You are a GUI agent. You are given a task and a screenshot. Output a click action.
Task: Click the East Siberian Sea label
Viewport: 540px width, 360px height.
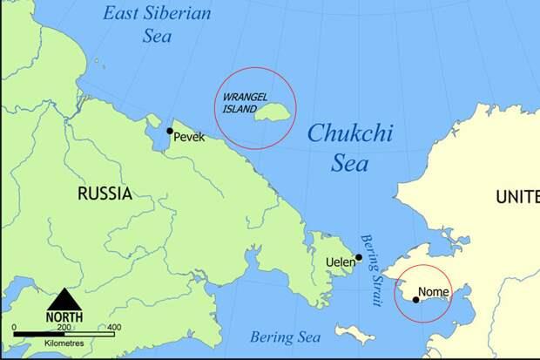pyautogui.click(x=157, y=24)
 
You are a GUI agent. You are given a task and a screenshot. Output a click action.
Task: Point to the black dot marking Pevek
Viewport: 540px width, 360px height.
pyautogui.click(x=170, y=131)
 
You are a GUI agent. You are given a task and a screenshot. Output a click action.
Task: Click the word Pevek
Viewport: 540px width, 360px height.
pyautogui.click(x=189, y=137)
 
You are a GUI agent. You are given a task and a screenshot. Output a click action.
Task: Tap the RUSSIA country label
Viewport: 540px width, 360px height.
pyautogui.click(x=105, y=194)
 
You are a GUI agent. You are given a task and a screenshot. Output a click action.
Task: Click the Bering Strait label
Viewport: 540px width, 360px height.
pyautogui.click(x=372, y=270)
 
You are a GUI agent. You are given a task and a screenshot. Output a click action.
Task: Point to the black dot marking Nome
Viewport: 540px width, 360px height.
pyautogui.click(x=415, y=300)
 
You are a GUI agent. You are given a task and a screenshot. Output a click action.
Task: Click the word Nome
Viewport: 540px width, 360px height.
pyautogui.click(x=433, y=291)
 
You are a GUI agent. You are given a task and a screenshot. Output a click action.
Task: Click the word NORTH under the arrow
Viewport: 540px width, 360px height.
pyautogui.click(x=64, y=317)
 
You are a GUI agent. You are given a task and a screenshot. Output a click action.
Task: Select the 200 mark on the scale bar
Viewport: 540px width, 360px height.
pyautogui.click(x=64, y=327)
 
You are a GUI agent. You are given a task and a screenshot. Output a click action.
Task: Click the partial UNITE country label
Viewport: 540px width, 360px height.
pyautogui.click(x=517, y=198)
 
